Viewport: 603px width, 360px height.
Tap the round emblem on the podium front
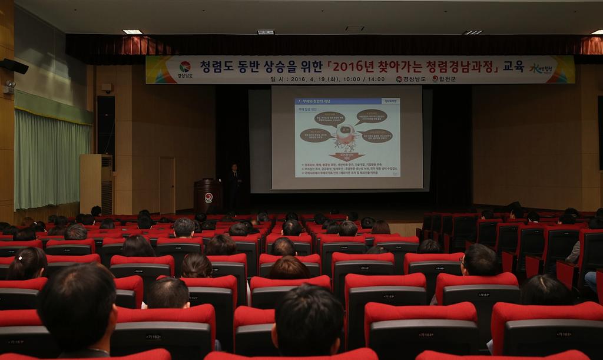208,197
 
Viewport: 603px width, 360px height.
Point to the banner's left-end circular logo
185,67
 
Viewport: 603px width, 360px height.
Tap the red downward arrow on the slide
346,156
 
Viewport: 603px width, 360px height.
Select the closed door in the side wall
167,185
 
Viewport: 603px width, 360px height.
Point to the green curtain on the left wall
52,159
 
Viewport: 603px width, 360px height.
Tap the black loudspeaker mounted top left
14,66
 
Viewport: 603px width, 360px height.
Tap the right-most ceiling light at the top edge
597,32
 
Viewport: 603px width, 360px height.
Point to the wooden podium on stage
208,196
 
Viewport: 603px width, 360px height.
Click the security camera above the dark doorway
107,87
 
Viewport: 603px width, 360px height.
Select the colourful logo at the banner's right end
544,68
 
